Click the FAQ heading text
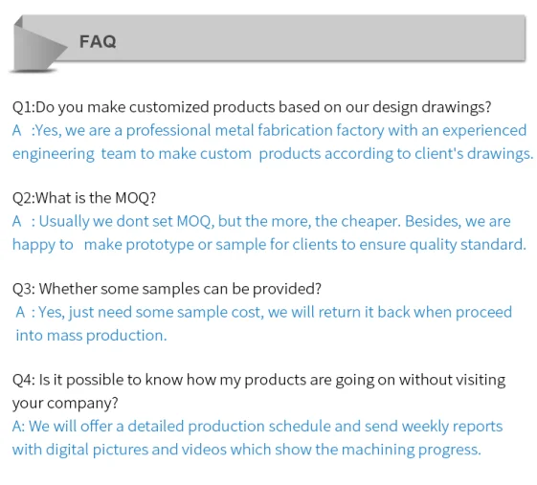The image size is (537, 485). click(x=98, y=41)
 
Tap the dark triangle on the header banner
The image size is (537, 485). click(x=34, y=46)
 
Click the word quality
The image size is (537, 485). click(x=434, y=244)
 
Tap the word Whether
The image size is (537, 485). click(x=69, y=288)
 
